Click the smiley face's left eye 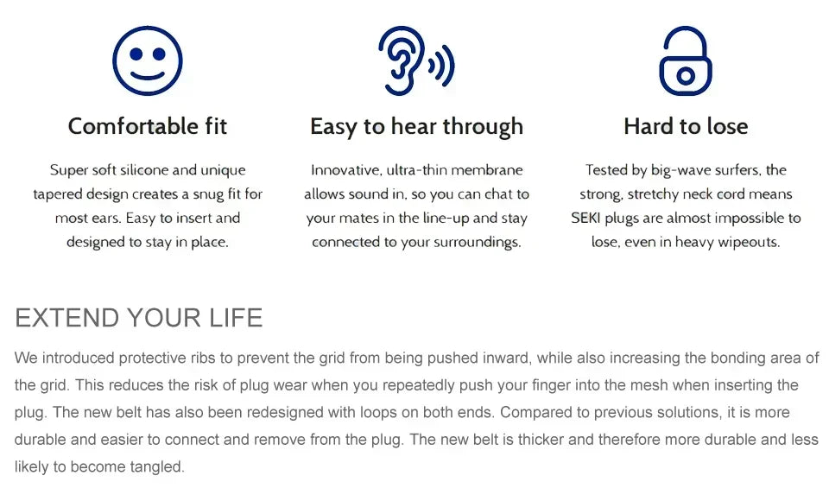(136, 54)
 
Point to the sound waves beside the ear (442, 66)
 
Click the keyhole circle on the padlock (686, 76)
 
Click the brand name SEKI (585, 218)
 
